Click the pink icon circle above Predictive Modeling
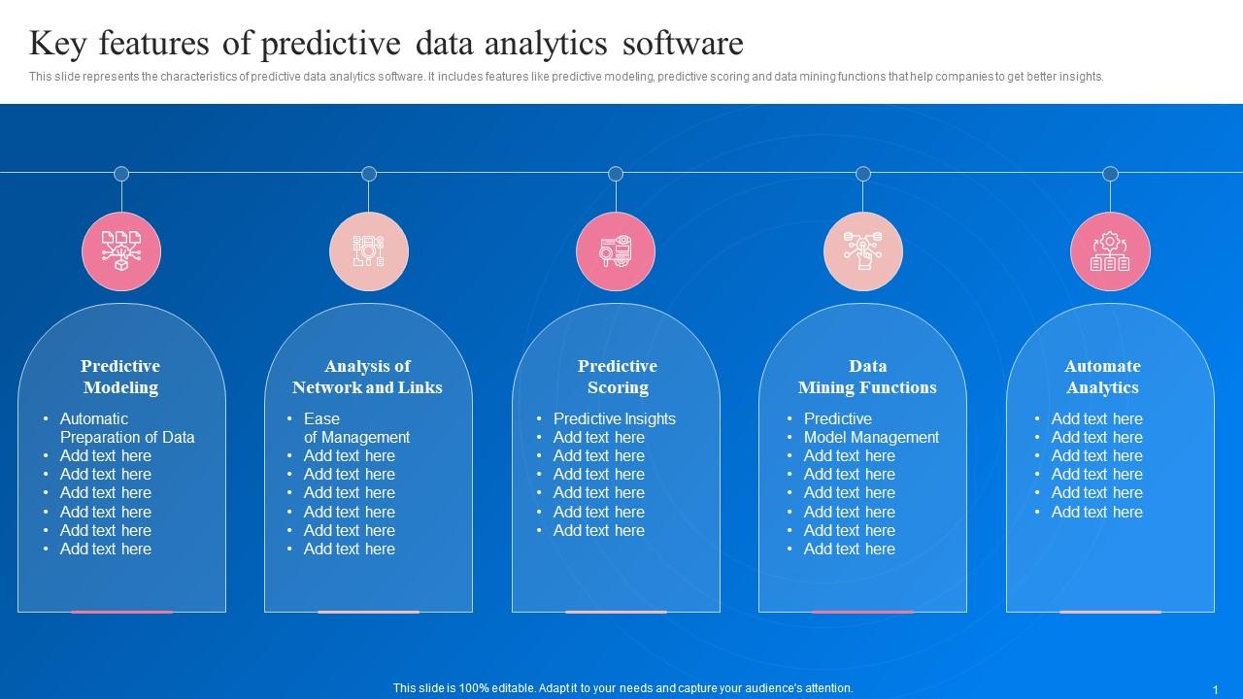[121, 251]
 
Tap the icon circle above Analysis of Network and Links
[369, 251]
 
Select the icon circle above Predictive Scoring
[616, 251]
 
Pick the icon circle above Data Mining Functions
[863, 251]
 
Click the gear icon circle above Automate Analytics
[1110, 251]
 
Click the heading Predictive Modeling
[120, 377]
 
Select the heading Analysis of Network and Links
[367, 377]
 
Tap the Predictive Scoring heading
[618, 377]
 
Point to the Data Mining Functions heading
[867, 377]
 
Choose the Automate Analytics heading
[1102, 377]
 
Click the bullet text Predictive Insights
[615, 418]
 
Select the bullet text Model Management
[871, 437]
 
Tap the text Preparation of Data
[127, 437]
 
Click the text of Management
[356, 437]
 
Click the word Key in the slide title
[57, 44]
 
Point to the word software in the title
[683, 44]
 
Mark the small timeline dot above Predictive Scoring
[616, 174]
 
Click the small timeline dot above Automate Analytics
[1110, 174]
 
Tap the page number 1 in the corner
[1215, 689]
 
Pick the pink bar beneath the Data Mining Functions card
[862, 612]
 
